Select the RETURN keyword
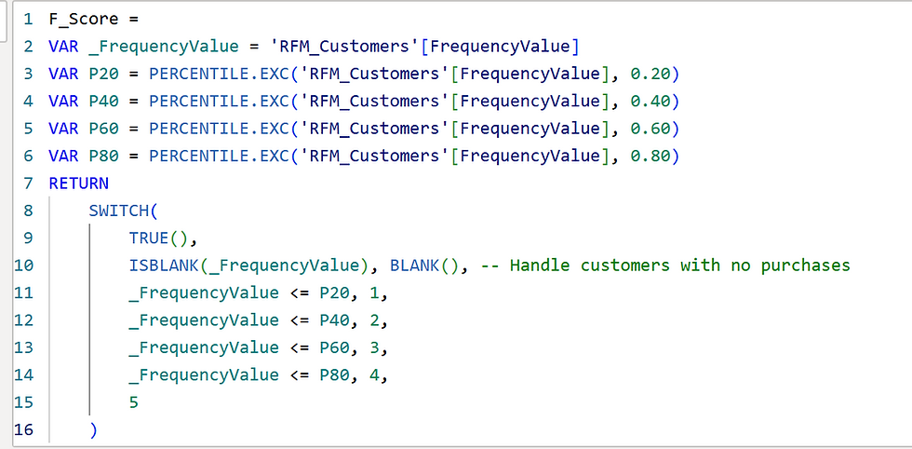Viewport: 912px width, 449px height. (78, 184)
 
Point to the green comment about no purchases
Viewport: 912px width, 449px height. (668, 265)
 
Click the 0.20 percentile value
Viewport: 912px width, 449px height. (650, 74)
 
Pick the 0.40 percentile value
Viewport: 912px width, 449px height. (650, 101)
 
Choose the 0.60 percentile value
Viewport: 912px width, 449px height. (650, 129)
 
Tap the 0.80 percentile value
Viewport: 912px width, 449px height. (650, 156)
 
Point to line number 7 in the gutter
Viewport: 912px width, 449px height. (28, 184)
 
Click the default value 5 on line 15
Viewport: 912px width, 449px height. (134, 402)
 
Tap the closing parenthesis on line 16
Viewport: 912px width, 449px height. (93, 429)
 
